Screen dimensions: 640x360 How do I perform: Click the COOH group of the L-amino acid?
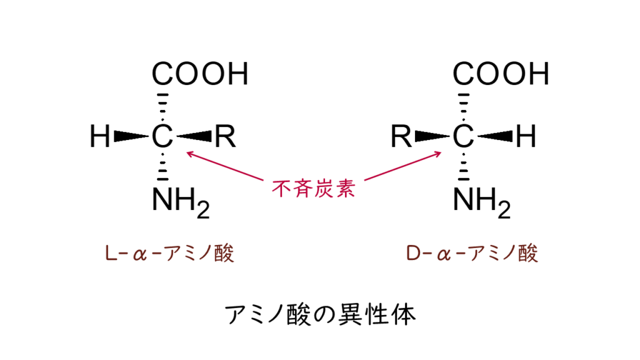[x=200, y=74]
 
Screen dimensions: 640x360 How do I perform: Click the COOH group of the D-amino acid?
[x=501, y=74]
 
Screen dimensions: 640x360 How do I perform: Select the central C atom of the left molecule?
[x=162, y=136]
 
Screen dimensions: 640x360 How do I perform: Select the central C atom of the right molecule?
[x=463, y=136]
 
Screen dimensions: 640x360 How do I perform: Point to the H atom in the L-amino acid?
[x=100, y=136]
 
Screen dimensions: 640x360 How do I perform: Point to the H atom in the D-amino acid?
[x=526, y=136]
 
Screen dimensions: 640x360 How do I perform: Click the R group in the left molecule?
[x=225, y=136]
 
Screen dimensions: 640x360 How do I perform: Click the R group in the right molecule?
[x=401, y=136]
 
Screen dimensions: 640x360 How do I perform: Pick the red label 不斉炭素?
[x=314, y=189]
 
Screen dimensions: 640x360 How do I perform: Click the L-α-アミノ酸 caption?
[x=169, y=253]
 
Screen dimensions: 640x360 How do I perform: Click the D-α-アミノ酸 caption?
[x=472, y=253]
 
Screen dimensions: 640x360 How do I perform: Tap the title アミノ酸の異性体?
[x=321, y=314]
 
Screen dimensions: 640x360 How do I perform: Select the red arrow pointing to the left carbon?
[x=225, y=166]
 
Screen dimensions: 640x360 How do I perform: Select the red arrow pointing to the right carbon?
[x=403, y=166]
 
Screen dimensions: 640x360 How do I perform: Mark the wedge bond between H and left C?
[x=131, y=136]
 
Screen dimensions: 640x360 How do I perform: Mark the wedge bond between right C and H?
[x=495, y=136]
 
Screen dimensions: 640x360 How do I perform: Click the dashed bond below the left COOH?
[x=162, y=107]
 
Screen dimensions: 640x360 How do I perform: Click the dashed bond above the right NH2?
[x=463, y=166]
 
